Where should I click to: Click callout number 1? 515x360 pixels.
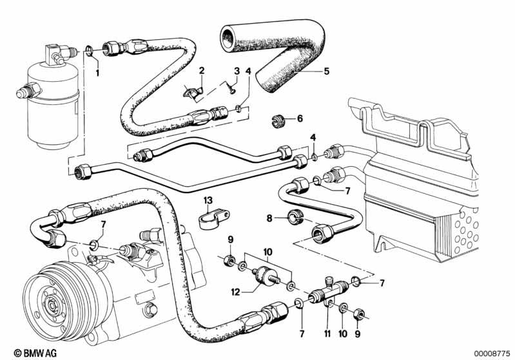98,73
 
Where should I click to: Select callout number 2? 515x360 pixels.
202,70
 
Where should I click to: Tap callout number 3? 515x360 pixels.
237,70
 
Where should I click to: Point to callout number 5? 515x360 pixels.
326,71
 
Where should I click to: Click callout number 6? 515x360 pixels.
299,118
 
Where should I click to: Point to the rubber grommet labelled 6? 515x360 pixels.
277,119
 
